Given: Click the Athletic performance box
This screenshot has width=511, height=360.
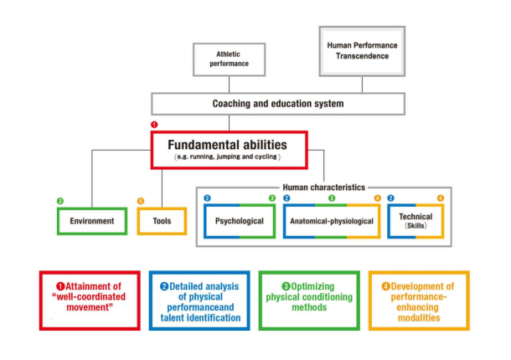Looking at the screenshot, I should [x=229, y=61].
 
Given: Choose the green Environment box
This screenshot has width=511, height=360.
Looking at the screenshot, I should [x=90, y=222].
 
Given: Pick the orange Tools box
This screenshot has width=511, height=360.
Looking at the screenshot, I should [x=162, y=222].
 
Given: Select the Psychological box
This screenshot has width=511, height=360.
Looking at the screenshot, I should [x=239, y=222].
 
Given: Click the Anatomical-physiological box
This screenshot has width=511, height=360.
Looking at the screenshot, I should [x=331, y=222].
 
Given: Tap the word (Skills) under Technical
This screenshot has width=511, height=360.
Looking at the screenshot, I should [x=416, y=227].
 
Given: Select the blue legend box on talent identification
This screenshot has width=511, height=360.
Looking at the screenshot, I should [x=199, y=300].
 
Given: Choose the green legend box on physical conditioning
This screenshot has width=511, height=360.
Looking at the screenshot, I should [x=309, y=300].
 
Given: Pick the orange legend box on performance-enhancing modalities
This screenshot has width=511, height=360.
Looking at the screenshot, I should [x=418, y=300].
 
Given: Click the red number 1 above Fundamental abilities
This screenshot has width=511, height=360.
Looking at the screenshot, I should [x=153, y=124].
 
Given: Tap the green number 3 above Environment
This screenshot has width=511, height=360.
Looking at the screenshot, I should [x=60, y=201].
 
